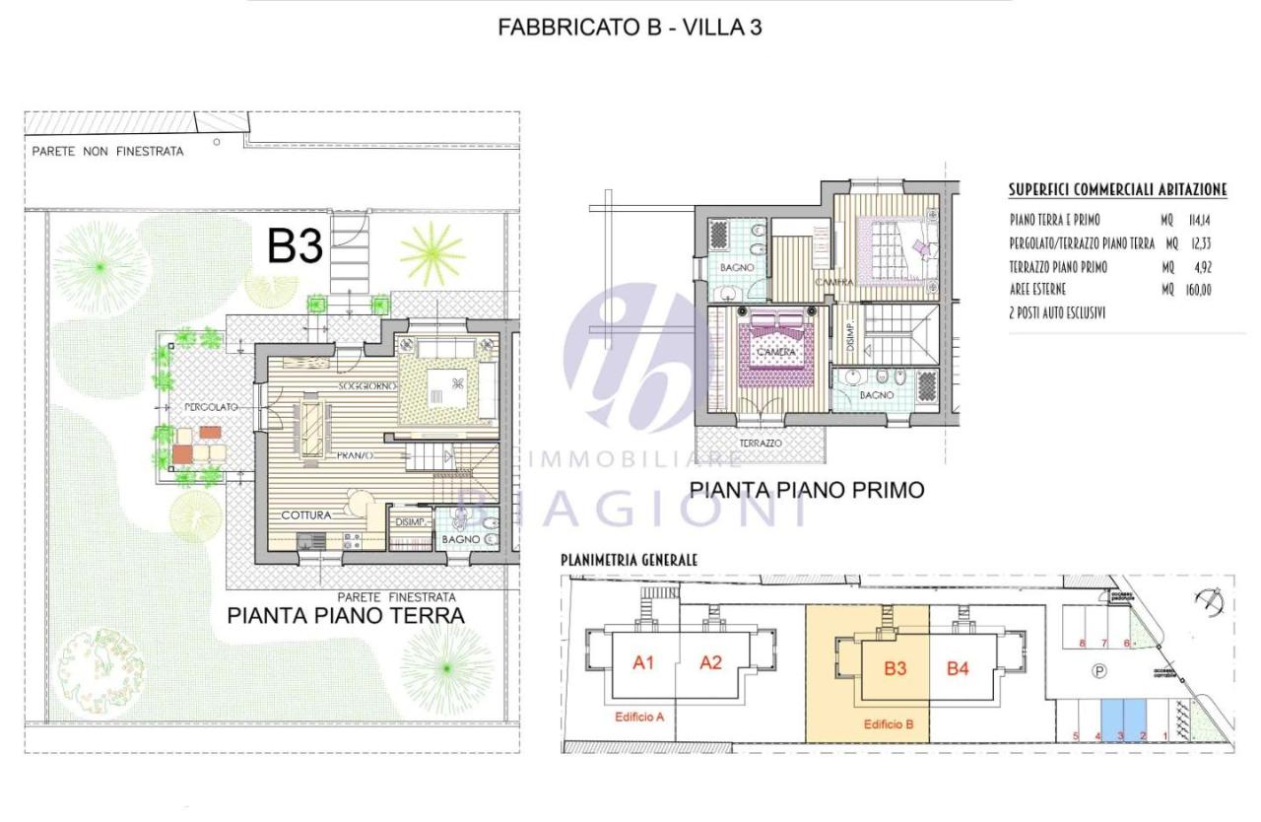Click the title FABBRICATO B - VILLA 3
click(630, 28)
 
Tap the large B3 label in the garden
click(295, 246)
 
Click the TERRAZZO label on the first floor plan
click(762, 444)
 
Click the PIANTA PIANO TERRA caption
click(346, 616)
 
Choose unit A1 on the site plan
click(643, 663)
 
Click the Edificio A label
click(638, 717)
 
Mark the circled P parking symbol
click(1098, 670)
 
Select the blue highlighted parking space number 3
click(1120, 735)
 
